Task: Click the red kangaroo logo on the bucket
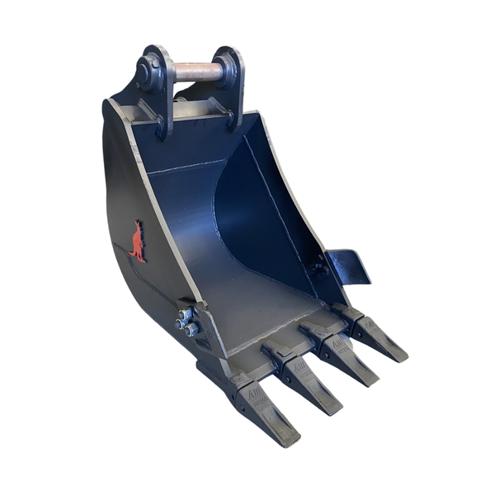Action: click(137, 242)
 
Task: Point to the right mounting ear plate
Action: click(234, 87)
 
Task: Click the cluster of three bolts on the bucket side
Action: click(187, 323)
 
